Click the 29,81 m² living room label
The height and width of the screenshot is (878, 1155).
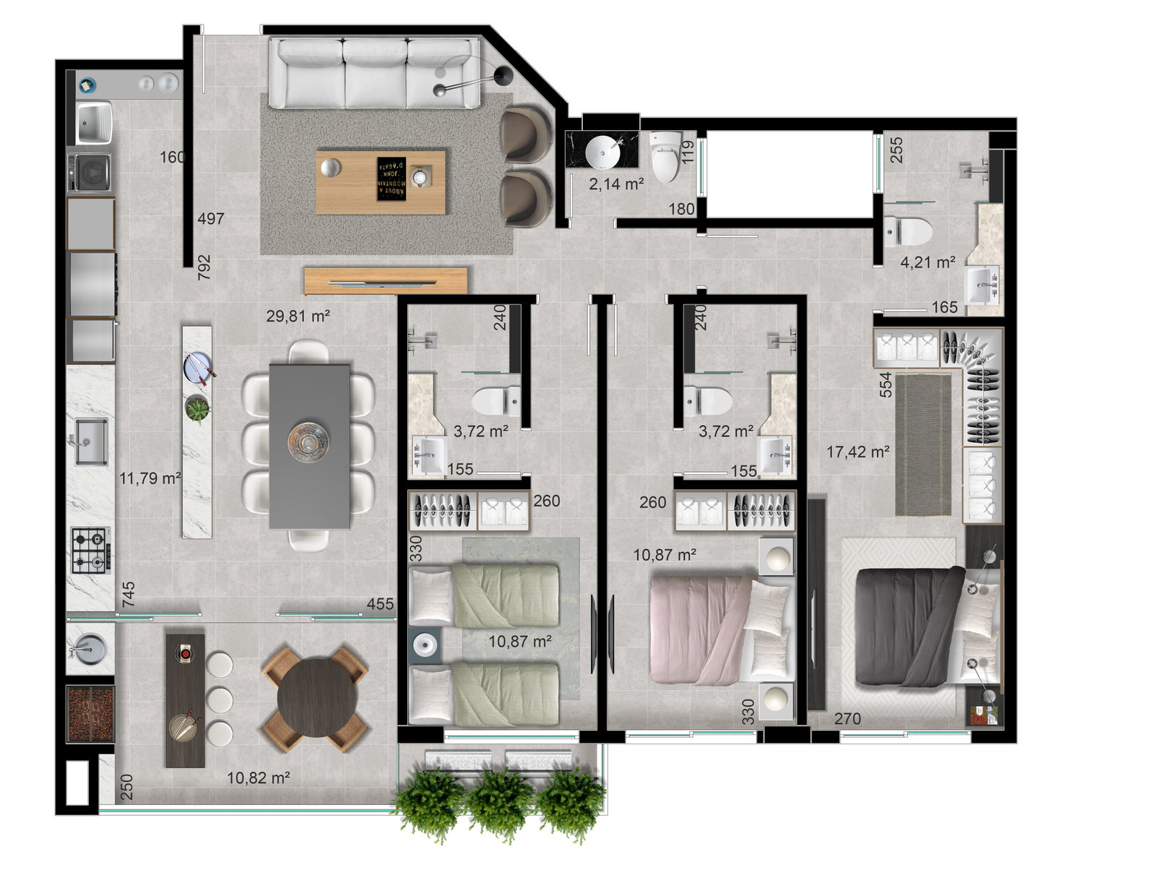click(298, 316)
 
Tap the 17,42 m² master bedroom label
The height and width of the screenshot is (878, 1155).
click(857, 452)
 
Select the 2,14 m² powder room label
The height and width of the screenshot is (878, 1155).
click(616, 184)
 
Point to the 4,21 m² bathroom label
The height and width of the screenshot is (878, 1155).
click(927, 262)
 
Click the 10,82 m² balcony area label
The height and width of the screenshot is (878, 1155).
click(259, 778)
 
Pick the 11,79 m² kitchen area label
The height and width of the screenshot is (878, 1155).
click(150, 478)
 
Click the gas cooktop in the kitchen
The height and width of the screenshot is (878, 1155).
click(91, 551)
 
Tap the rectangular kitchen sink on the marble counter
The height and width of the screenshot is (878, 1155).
click(90, 442)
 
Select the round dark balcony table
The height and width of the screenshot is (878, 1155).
click(316, 698)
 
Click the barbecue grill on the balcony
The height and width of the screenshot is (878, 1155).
click(90, 714)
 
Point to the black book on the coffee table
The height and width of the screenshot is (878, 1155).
click(391, 178)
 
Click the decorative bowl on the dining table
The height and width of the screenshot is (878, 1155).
click(308, 442)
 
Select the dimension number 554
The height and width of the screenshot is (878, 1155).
click(886, 384)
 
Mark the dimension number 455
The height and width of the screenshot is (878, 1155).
click(380, 603)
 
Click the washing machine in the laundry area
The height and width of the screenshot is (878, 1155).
click(90, 173)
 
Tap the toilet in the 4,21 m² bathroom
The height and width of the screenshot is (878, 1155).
click(908, 231)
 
